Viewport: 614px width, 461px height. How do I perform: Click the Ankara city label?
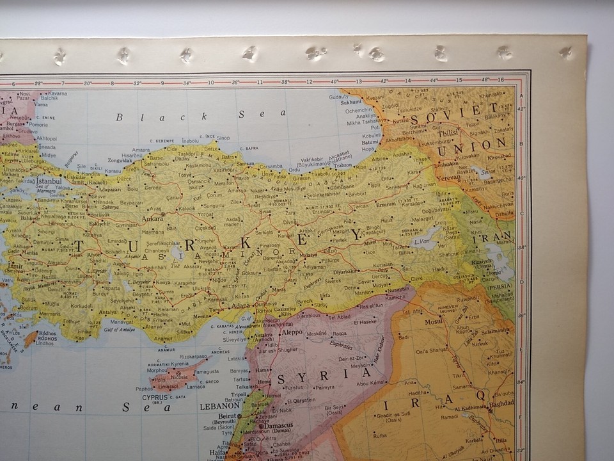(153, 218)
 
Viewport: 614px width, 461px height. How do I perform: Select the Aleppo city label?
(292, 332)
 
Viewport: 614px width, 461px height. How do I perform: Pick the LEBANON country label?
(219, 405)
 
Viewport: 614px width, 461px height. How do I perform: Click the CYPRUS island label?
(155, 397)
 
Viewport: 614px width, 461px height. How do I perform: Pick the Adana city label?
(241, 305)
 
